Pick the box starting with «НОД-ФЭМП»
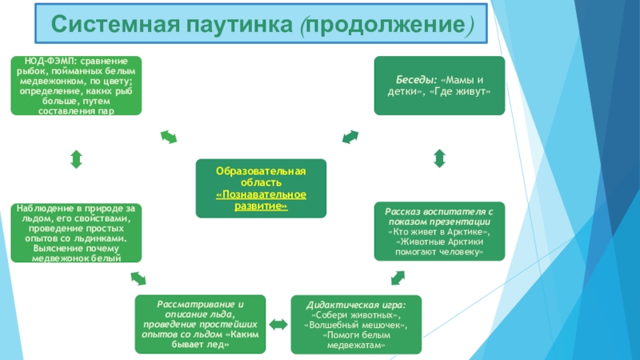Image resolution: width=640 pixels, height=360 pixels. click(x=76, y=85)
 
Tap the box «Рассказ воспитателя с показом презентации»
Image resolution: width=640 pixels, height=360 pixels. click(x=439, y=231)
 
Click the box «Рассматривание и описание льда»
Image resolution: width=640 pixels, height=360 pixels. click(x=199, y=325)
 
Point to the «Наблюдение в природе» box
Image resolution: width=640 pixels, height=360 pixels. click(x=76, y=233)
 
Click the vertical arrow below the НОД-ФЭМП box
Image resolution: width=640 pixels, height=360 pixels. click(x=76, y=158)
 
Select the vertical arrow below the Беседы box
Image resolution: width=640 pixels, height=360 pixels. click(x=439, y=158)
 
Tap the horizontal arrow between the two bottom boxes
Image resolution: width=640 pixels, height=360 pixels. click(x=278, y=326)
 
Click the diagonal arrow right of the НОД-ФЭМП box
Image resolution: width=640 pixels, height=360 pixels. click(x=170, y=138)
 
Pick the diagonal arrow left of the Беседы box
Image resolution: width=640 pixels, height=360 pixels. click(x=350, y=138)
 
